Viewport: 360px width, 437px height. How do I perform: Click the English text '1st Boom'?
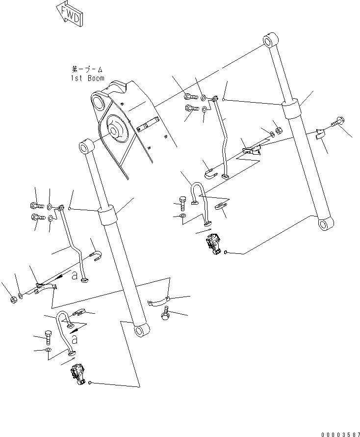[x=88, y=79]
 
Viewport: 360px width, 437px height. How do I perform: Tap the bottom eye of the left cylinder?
[x=142, y=331]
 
